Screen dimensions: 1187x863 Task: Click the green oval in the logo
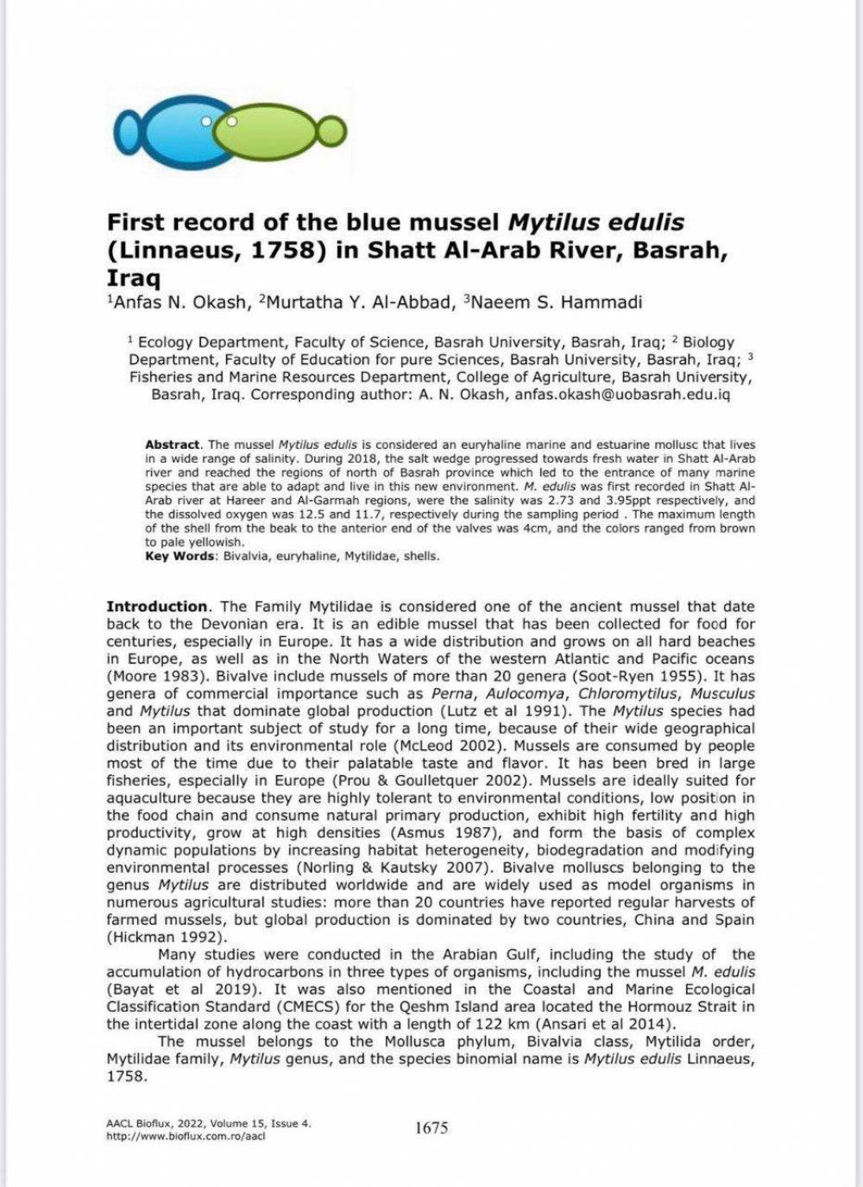pyautogui.click(x=280, y=128)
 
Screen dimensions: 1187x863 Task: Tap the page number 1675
pyautogui.click(x=431, y=1127)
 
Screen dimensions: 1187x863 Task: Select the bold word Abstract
pyautogui.click(x=173, y=445)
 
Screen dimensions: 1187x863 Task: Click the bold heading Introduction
pyautogui.click(x=157, y=607)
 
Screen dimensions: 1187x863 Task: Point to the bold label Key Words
pyautogui.click(x=180, y=557)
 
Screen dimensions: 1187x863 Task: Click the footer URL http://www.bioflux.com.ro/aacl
pyautogui.click(x=185, y=1136)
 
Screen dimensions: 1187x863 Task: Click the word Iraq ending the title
pyautogui.click(x=133, y=279)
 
